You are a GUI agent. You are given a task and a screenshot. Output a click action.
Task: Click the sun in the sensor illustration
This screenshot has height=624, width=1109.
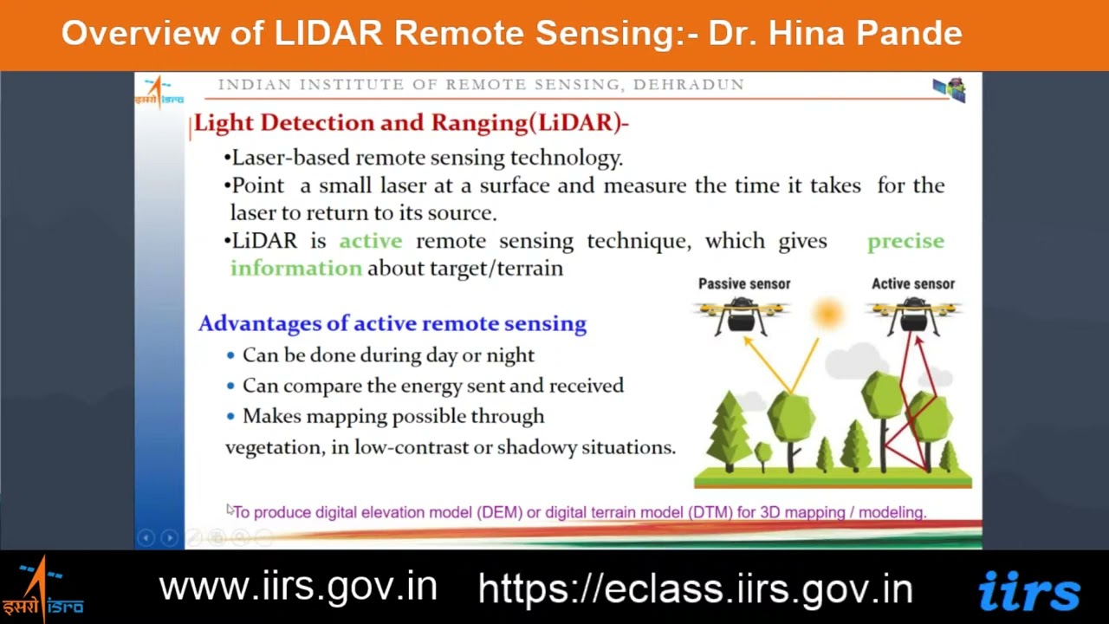point(827,313)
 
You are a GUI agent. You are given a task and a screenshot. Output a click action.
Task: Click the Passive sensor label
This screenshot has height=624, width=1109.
point(744,283)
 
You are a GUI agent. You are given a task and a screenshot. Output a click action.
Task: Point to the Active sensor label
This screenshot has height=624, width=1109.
point(912,283)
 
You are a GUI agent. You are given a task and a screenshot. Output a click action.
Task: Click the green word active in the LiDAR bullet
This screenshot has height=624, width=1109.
point(370,241)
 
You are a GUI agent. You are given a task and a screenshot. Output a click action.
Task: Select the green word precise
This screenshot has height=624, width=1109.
point(905,241)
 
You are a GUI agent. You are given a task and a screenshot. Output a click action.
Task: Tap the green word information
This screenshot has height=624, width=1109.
point(295,268)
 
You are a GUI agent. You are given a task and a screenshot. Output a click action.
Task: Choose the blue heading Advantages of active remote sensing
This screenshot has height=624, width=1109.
point(392,323)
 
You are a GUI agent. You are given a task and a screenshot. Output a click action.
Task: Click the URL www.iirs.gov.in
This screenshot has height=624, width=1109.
point(298,587)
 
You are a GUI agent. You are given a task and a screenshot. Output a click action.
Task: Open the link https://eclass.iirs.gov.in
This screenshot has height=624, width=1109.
point(695,588)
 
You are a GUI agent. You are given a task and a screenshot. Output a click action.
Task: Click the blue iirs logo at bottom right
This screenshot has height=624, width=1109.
point(1028,591)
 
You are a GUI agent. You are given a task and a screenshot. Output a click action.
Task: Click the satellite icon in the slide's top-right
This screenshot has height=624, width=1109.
point(950,88)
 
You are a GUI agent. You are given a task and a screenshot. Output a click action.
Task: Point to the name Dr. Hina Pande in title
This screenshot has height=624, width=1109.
point(835,33)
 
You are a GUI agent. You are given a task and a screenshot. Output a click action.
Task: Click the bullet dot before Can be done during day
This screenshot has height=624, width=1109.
point(230,355)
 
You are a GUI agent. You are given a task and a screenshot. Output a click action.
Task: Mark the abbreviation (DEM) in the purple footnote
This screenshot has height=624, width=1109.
point(499,512)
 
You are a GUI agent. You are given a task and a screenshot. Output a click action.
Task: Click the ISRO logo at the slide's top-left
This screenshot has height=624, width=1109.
point(159,91)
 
